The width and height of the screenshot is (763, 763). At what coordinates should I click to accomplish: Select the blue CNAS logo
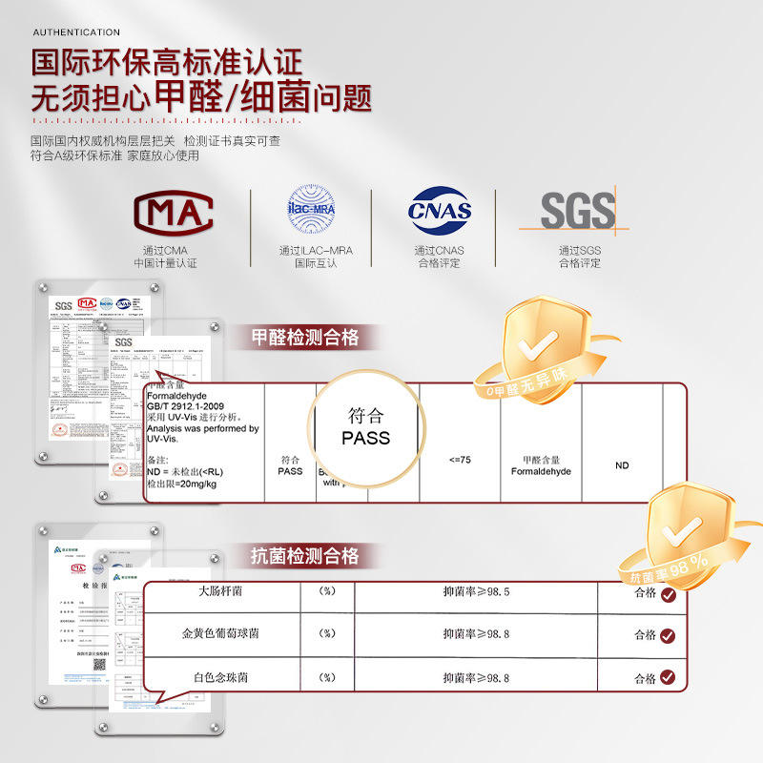coord(440,211)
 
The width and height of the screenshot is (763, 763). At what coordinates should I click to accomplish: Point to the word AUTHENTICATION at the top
coord(76,32)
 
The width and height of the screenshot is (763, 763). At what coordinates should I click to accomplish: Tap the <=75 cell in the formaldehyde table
coord(460,461)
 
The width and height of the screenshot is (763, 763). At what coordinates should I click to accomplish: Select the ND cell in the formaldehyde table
coord(622,465)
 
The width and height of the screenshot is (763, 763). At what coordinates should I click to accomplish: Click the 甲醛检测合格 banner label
coord(304,337)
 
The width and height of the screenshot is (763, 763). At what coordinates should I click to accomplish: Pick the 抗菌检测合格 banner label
coord(304,556)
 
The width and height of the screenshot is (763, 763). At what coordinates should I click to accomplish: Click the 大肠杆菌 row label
coord(220,591)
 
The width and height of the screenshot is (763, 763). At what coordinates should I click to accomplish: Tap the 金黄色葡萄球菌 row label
coord(220,633)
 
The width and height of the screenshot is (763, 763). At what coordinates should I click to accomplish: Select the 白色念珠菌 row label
coord(220,677)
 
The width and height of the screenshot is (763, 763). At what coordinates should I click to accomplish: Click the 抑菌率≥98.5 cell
coord(476,591)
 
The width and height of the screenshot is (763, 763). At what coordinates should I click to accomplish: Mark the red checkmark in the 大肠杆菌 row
coord(668,594)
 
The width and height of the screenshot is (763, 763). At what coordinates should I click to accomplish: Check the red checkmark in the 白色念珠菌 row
coord(668,678)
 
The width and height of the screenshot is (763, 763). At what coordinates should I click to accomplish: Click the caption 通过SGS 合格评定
coord(579,257)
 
